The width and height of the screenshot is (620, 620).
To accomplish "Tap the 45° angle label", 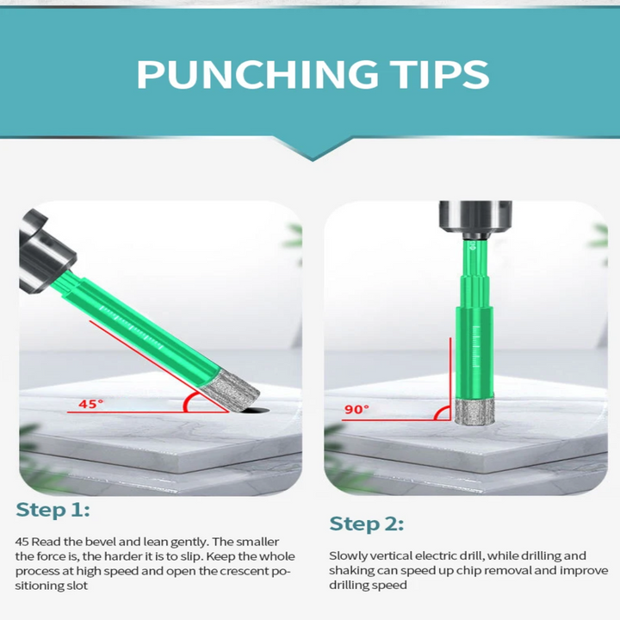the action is coord(90,404).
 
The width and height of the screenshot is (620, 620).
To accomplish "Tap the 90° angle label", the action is coord(356,409).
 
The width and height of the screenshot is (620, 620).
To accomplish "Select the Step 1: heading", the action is coord(53,510).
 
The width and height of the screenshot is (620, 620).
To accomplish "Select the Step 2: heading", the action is coord(367,524).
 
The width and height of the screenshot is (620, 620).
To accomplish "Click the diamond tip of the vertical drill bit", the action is coord(474,412).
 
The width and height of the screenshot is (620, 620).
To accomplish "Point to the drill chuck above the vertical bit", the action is coord(475,220).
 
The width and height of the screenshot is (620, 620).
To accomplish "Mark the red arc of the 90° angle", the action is coord(439,412).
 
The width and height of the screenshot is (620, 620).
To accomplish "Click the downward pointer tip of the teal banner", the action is coord(313,160).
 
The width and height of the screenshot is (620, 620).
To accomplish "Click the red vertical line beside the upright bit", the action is coord(450,379).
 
